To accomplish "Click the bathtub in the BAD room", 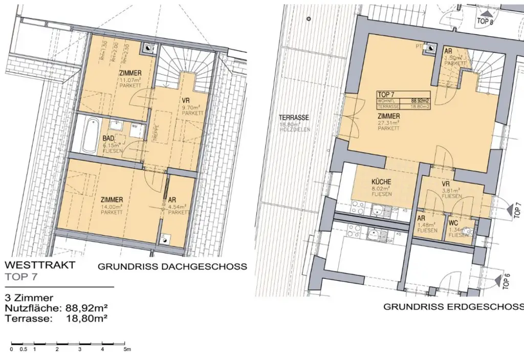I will tap(90, 135).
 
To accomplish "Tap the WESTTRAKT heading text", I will tap(39, 265).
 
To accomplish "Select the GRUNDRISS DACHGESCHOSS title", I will tap(172, 267).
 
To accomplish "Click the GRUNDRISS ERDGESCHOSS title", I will tap(453, 307).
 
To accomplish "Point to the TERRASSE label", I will tap(294, 117).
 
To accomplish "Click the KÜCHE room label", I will tap(381, 182).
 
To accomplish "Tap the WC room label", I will tap(453, 224).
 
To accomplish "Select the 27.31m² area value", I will tap(389, 123).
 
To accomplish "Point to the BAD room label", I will tap(107, 138).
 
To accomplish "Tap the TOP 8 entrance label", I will tap(485, 22).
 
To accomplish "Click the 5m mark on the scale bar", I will tap(127, 349).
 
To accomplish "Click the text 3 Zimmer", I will tap(29, 298).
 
